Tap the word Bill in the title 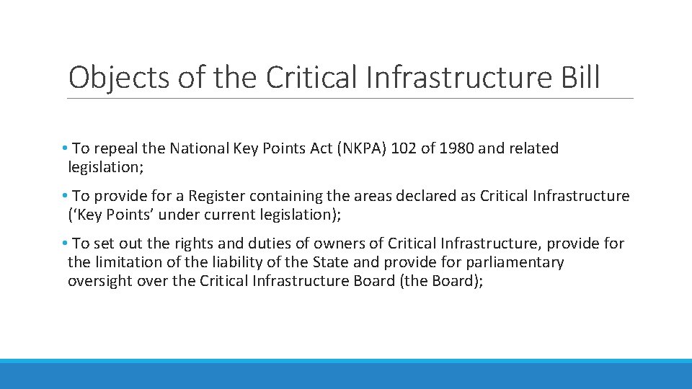[577, 76]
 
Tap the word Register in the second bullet [216, 196]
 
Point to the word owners [307, 243]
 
